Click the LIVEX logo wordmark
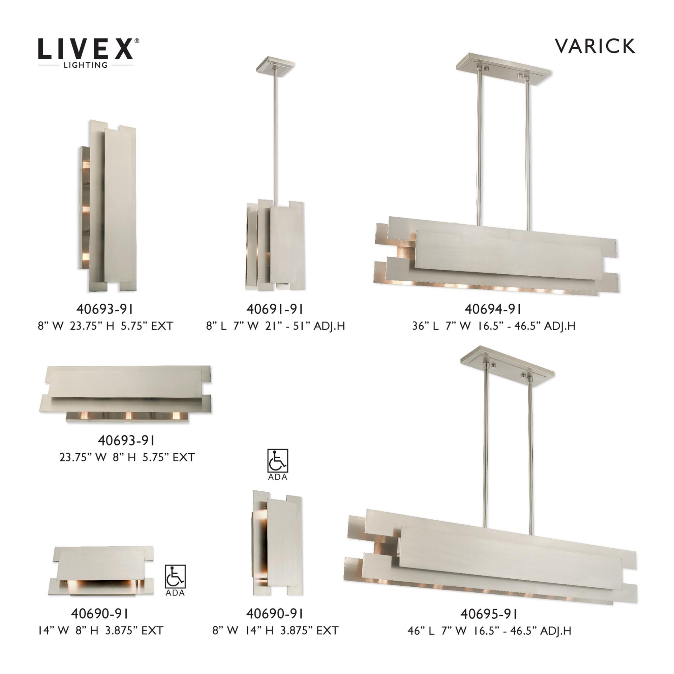coord(86,49)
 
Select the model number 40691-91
coord(275,309)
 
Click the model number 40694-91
coord(493,309)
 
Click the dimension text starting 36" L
coord(493,326)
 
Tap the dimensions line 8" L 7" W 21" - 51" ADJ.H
coord(275,326)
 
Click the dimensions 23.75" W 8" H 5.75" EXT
coord(127,457)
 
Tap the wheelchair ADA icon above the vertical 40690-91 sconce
coord(278,461)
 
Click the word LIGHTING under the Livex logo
coord(85,65)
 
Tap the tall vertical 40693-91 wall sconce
coord(107,206)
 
